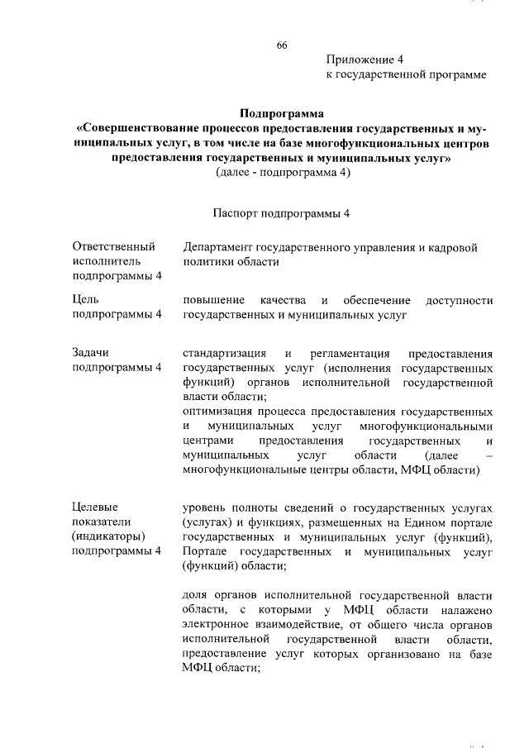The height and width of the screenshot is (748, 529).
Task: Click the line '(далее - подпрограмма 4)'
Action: pos(282,172)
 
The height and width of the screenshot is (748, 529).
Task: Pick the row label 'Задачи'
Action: pos(91,352)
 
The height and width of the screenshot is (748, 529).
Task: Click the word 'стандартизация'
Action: pos(224,353)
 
